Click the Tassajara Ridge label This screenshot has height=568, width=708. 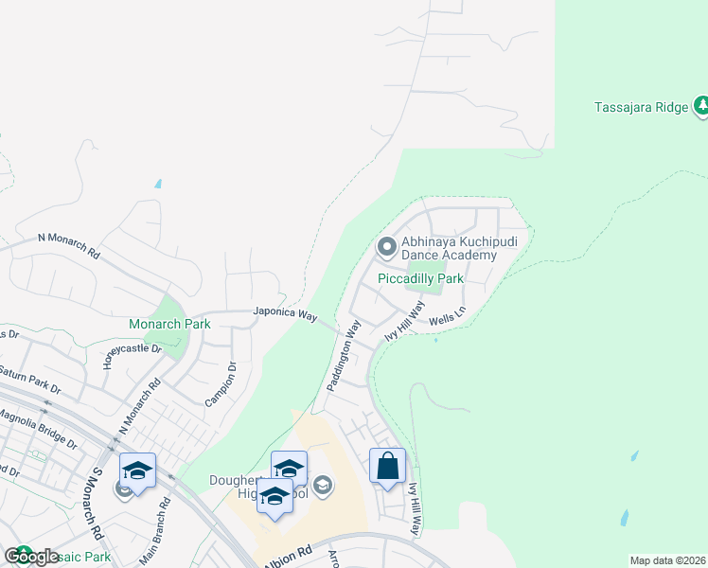[x=641, y=107]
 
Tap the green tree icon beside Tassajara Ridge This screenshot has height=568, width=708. [x=700, y=106]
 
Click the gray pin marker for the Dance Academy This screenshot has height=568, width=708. [x=386, y=248]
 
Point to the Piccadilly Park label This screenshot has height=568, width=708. [x=420, y=279]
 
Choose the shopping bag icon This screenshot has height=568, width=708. [x=387, y=466]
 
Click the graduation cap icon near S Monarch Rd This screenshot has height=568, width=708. [x=137, y=470]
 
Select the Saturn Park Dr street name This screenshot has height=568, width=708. [x=28, y=380]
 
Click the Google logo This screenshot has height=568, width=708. [x=31, y=557]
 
